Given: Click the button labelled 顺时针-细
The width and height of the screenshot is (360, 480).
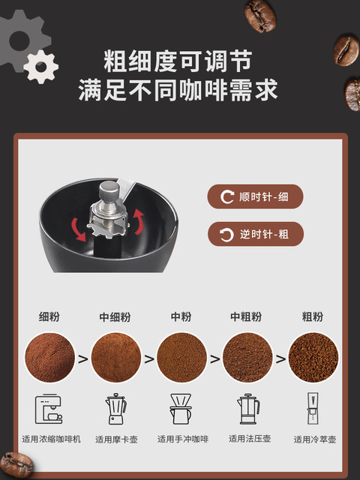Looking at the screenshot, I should coord(256,197).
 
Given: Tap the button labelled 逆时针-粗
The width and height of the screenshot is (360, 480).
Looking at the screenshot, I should coord(256,234).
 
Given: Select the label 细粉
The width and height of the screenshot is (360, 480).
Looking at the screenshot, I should coord(49,316).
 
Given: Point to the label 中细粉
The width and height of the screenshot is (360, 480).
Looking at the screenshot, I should coord(115,316).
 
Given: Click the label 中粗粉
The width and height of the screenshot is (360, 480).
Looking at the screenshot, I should coord(247,316).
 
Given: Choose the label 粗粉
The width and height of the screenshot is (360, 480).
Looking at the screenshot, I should coord(313,316).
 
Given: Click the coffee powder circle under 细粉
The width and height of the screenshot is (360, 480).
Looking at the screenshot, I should coord(49,358).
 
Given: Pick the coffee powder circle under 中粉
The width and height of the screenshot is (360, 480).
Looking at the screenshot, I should coord(181,358).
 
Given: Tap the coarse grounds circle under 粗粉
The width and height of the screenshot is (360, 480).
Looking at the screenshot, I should coord(313,358).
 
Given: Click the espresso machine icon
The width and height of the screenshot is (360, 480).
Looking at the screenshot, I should coord(49,409).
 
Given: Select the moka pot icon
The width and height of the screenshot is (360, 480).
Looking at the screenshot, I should coord(115,409).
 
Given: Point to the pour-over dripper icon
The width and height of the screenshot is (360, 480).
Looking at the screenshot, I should coord(181,409).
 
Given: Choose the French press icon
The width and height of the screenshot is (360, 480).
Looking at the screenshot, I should coord(247,409).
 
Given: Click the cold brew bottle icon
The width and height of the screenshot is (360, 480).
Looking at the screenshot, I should coord(313,409).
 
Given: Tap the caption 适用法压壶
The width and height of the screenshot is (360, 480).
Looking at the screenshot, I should coord(247,439).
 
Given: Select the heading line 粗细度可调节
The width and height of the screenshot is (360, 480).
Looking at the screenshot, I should coord(178,60).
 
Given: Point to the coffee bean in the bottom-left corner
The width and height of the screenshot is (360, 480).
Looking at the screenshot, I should coord(13,464).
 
